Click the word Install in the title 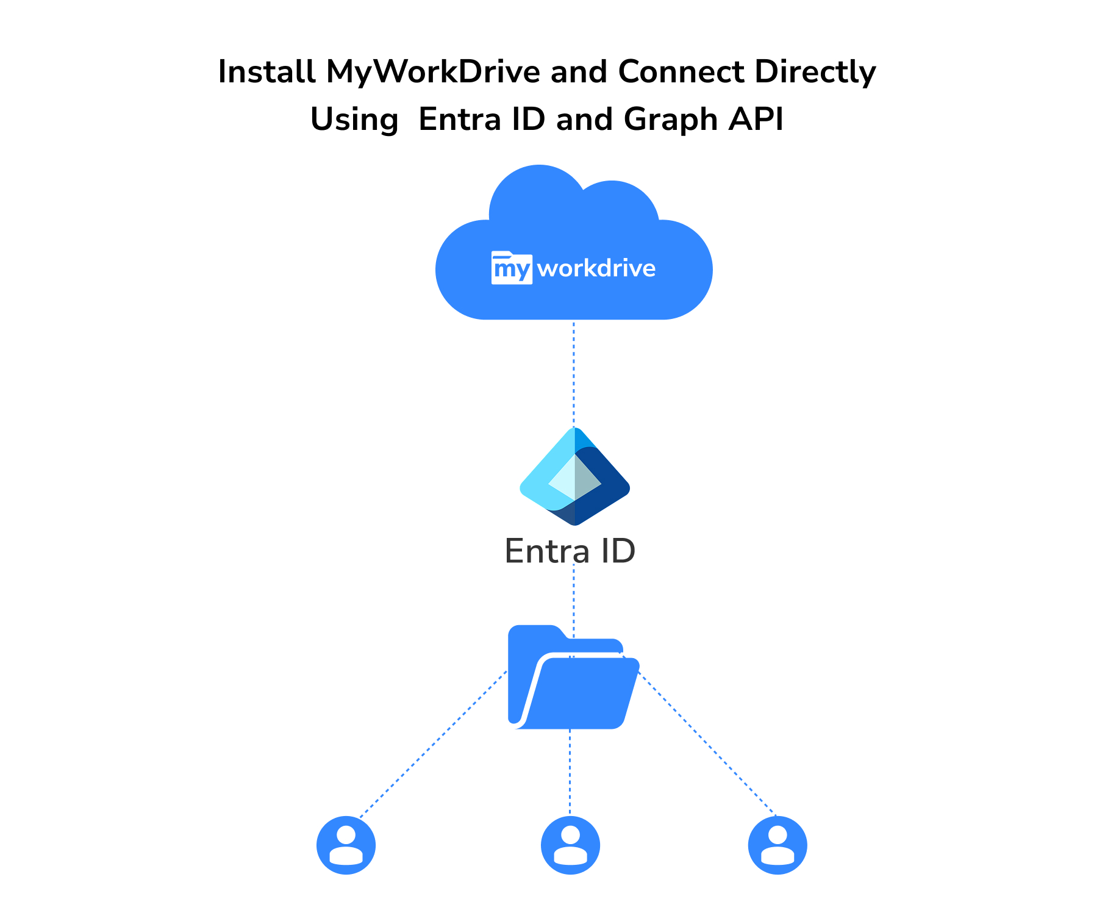tap(267, 72)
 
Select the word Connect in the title tap(681, 72)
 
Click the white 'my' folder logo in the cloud tap(512, 268)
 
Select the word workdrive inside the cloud tap(596, 268)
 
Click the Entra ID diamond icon tap(574, 476)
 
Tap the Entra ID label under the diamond tap(570, 551)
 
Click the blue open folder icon tap(573, 677)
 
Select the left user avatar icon tap(346, 845)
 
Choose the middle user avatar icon tap(570, 845)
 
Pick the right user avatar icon tap(778, 845)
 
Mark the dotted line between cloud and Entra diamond tap(574, 374)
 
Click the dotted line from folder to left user tap(433, 745)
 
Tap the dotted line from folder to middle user tap(570, 772)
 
